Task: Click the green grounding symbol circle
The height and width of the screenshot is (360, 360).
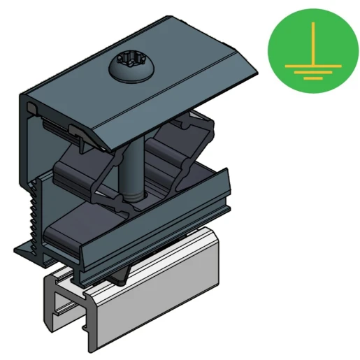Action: pyautogui.click(x=312, y=51)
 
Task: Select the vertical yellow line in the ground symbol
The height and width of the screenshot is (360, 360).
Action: pyautogui.click(x=312, y=43)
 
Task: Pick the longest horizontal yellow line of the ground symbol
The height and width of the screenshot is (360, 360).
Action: pyautogui.click(x=312, y=66)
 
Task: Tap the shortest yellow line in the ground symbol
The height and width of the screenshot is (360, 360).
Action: pyautogui.click(x=312, y=78)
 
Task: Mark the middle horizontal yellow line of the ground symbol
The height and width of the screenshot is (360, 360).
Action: pyautogui.click(x=312, y=72)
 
